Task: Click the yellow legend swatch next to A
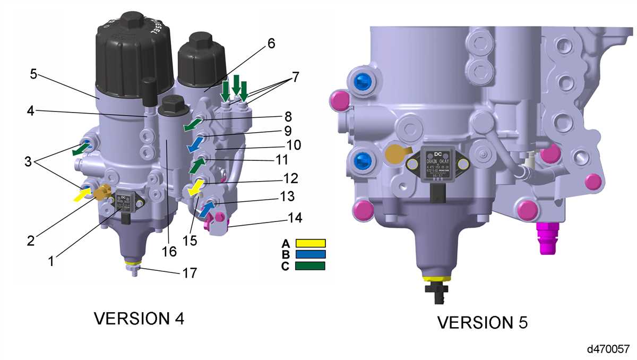(310, 243)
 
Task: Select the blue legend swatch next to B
(310, 254)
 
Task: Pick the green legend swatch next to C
(310, 265)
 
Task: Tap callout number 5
(33, 74)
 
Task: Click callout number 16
(169, 251)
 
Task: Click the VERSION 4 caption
(139, 318)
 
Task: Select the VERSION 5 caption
(482, 322)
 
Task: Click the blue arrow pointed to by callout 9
(195, 144)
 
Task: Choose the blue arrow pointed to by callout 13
(206, 208)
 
